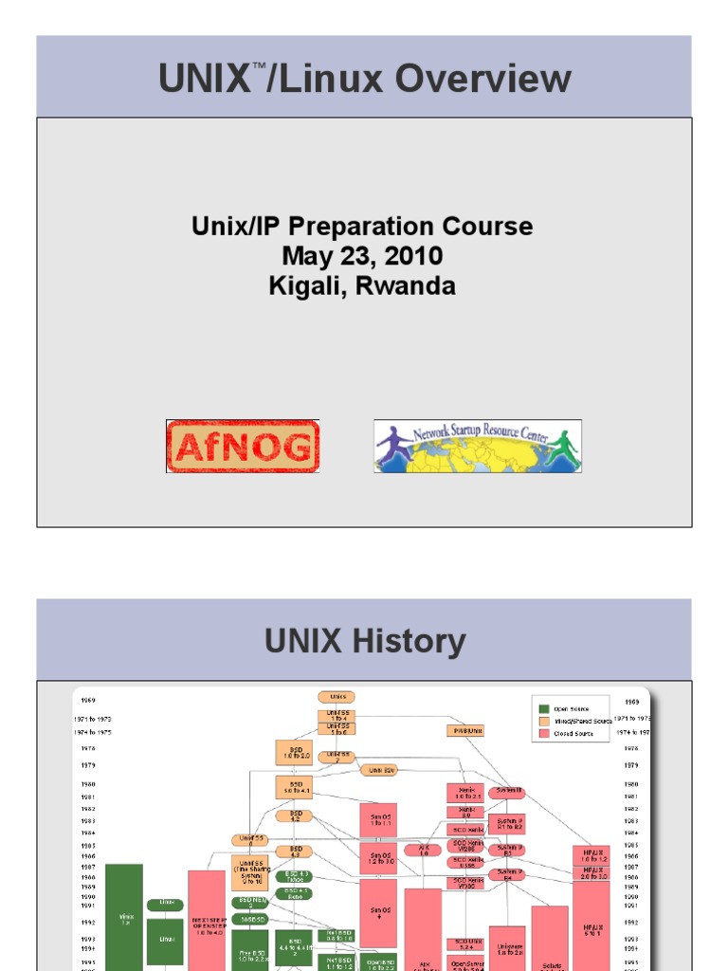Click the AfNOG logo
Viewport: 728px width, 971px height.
pos(243,447)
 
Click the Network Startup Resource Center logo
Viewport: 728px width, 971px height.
pos(477,447)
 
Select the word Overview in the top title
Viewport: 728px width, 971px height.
pos(483,80)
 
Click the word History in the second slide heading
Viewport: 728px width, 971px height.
pos(414,642)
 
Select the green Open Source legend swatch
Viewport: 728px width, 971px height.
pos(543,707)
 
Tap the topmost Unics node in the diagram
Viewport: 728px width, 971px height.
pos(337,697)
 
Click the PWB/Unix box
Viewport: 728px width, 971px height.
pos(465,730)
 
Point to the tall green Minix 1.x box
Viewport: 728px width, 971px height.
pos(124,917)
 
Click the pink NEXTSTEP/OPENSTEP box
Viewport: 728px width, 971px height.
pos(206,920)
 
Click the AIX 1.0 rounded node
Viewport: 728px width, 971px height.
pos(423,850)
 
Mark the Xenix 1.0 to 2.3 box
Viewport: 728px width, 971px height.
pos(465,793)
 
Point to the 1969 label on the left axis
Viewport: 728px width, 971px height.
pos(88,701)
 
